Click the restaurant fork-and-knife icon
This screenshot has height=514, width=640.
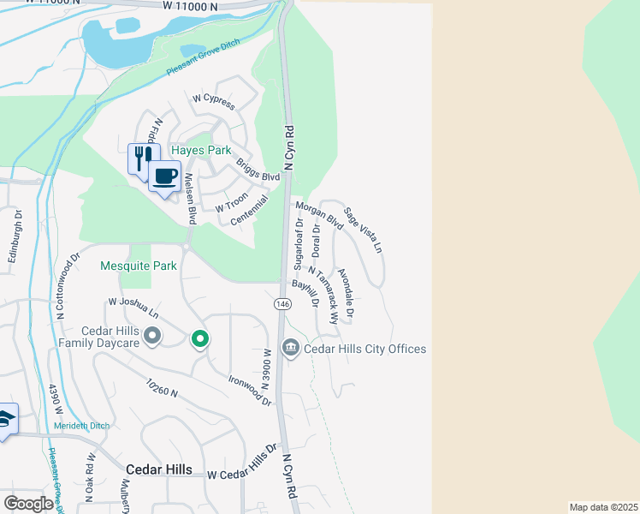pyautogui.click(x=142, y=156)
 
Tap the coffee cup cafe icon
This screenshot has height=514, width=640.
pyautogui.click(x=164, y=176)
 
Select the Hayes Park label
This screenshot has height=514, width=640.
pyautogui.click(x=202, y=150)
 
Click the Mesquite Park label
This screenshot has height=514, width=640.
pyautogui.click(x=139, y=266)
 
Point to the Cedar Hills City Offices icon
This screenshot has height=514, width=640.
pyautogui.click(x=290, y=349)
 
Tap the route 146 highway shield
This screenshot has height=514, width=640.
pyautogui.click(x=281, y=304)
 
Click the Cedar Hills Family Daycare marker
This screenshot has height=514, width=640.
pyautogui.click(x=153, y=335)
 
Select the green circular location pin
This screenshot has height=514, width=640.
pyautogui.click(x=200, y=340)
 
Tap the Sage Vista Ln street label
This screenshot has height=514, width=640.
pyautogui.click(x=364, y=230)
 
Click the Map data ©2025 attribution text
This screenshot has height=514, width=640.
pyautogui.click(x=603, y=507)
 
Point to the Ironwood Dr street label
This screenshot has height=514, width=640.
pyautogui.click(x=250, y=389)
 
